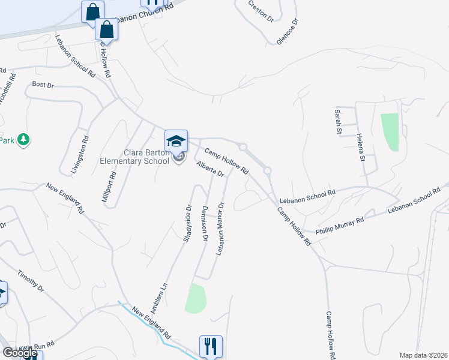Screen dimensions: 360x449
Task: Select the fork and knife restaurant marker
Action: click(x=211, y=346)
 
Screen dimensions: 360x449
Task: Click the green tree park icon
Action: click(x=23, y=140)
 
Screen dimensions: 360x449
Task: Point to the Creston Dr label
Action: click(x=261, y=11)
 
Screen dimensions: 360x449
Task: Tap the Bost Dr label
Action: click(x=43, y=85)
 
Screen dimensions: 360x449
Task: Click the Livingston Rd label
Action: click(x=79, y=155)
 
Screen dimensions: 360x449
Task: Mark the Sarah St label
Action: click(x=339, y=121)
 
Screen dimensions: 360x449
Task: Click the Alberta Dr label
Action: click(x=210, y=169)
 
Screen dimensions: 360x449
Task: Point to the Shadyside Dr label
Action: click(x=187, y=223)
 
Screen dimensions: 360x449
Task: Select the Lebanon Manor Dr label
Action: click(x=220, y=229)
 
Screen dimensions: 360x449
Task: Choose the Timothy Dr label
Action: click(x=31, y=280)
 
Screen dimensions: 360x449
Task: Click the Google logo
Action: click(x=20, y=353)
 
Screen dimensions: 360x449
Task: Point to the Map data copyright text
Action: click(x=423, y=355)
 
